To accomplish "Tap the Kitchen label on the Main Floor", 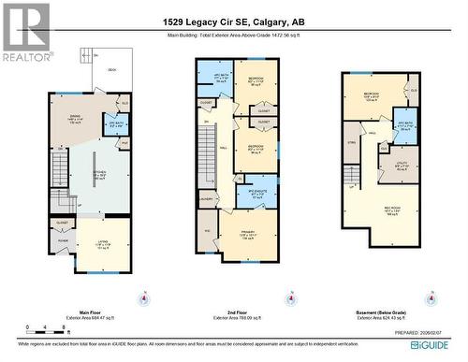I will (98, 174).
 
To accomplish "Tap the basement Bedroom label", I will (371, 95).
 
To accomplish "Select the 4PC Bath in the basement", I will (404, 124).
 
